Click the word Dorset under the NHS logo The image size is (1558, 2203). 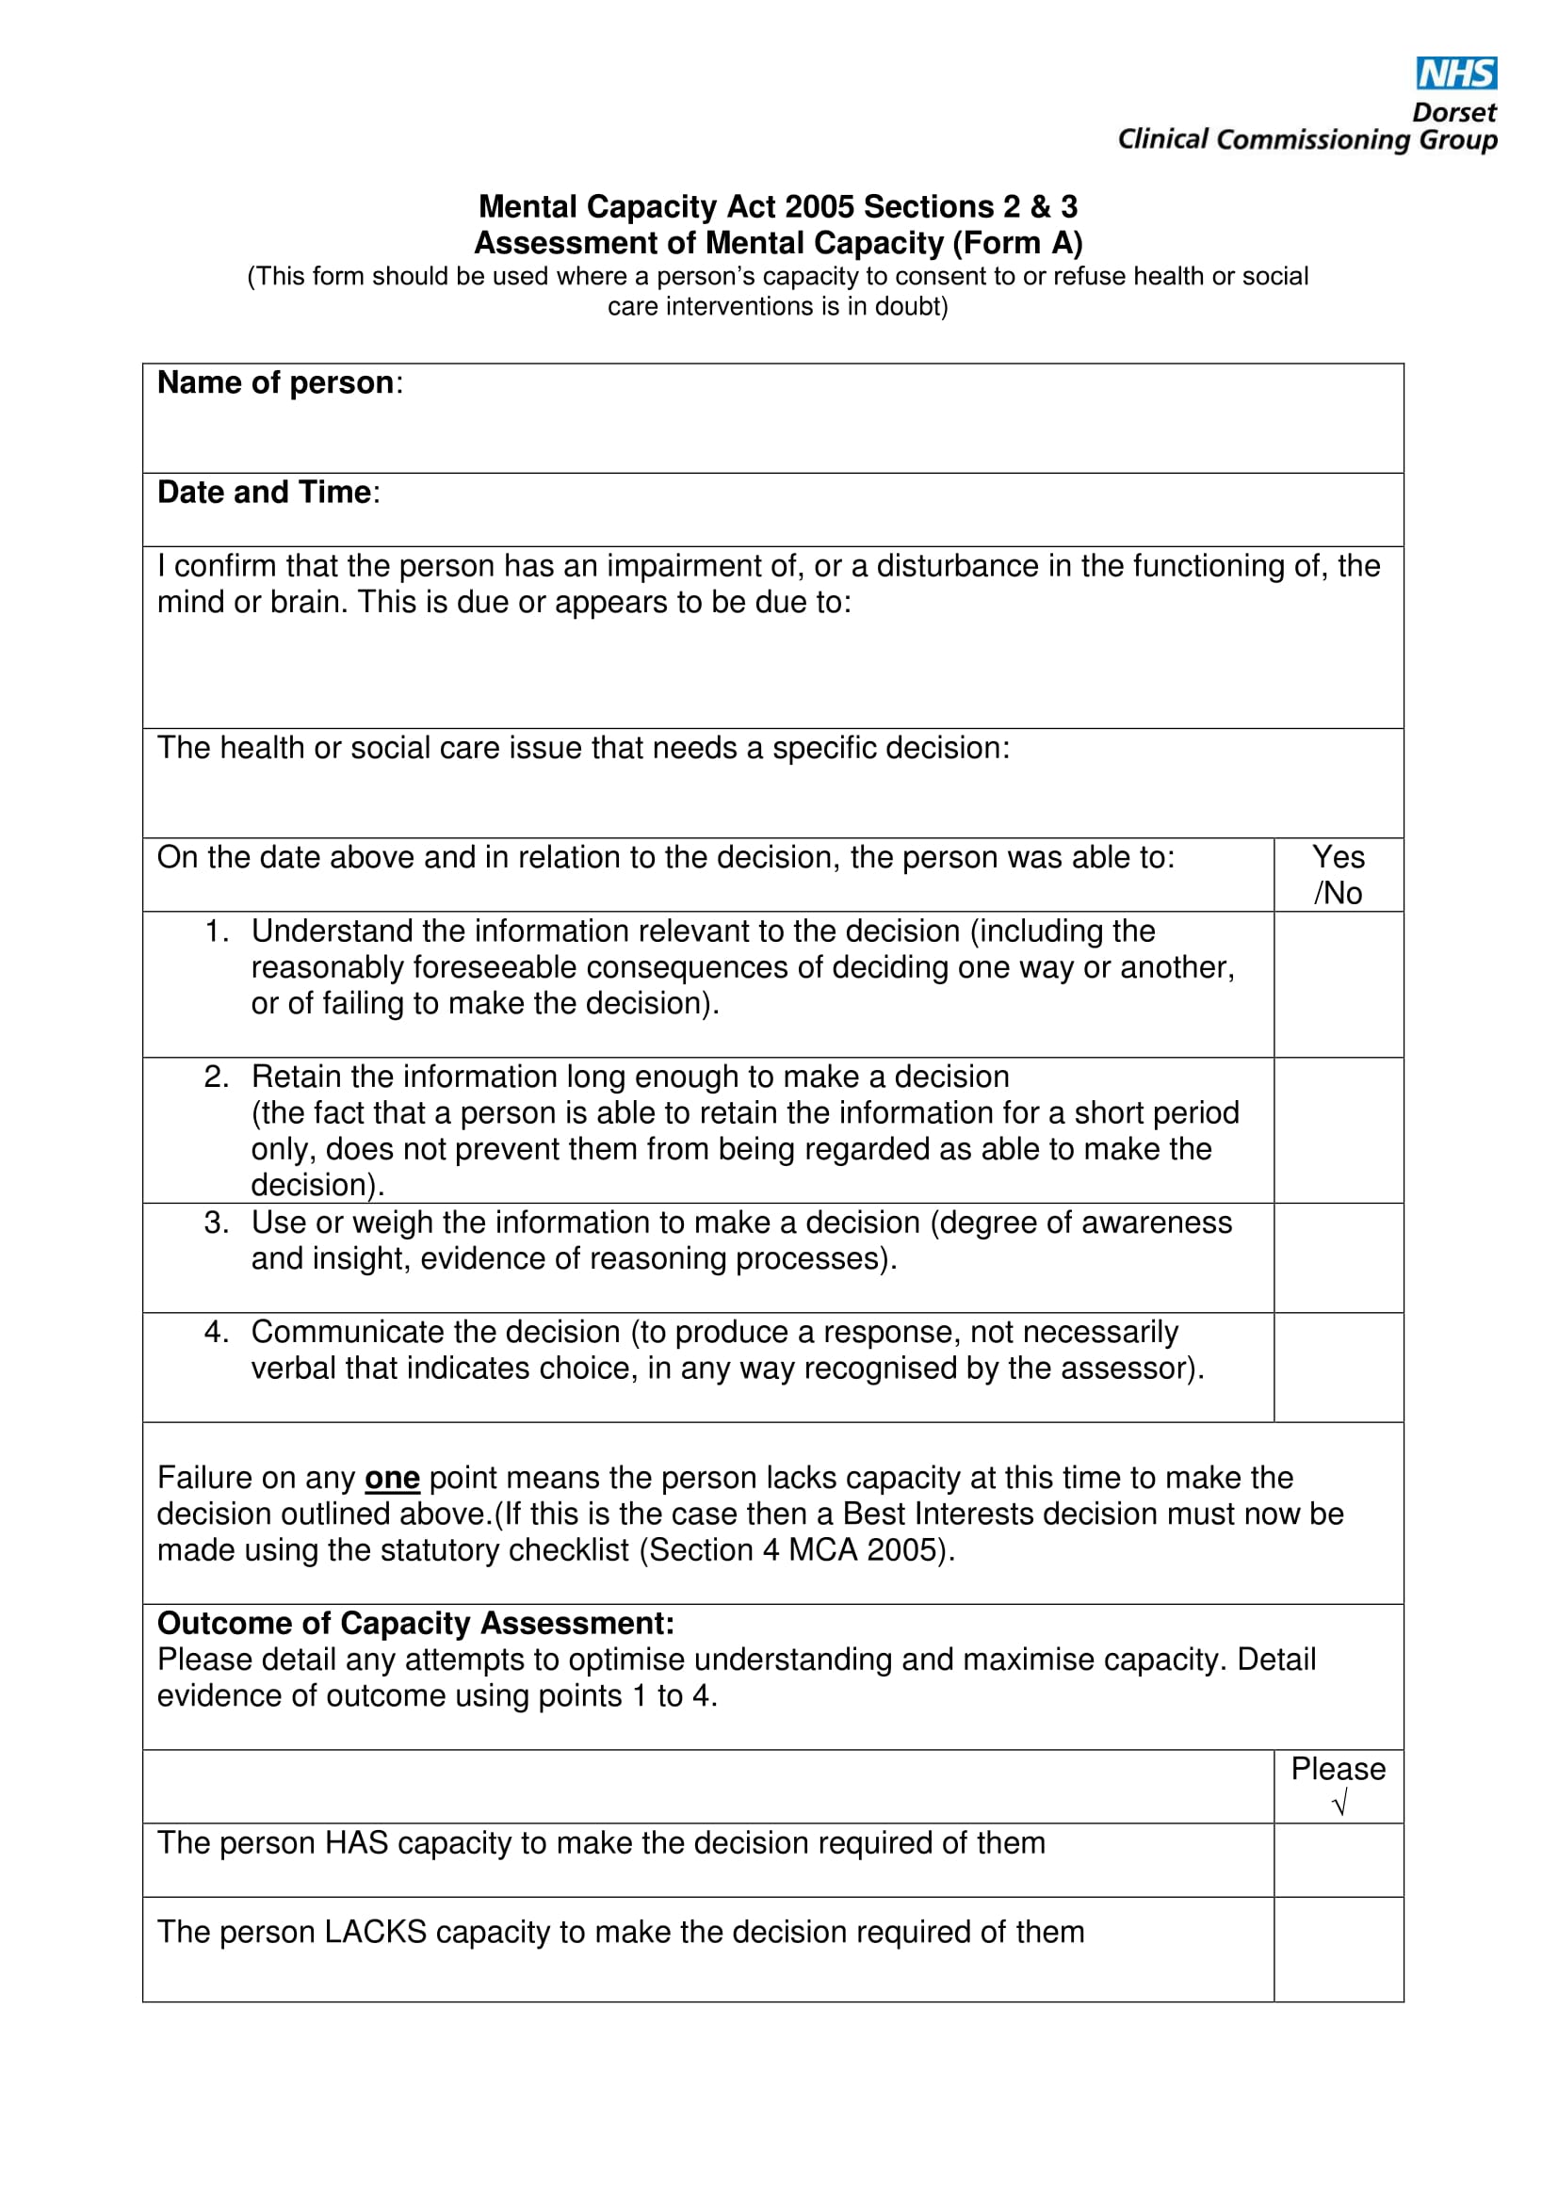click(1453, 112)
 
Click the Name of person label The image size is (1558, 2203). click(275, 382)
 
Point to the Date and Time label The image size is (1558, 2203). click(264, 493)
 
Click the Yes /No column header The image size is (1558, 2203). click(1338, 874)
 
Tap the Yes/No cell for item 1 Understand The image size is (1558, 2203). click(1338, 983)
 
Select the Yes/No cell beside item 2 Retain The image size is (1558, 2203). click(1338, 1129)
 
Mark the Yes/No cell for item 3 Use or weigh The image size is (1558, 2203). click(1338, 1257)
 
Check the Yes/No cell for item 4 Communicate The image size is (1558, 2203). click(1338, 1367)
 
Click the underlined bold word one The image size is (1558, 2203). click(392, 1478)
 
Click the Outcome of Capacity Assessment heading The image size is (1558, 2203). click(415, 1624)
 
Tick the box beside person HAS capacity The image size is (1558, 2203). click(1338, 1859)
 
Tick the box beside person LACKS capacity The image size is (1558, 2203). click(1338, 1949)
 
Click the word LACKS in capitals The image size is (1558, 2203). click(375, 1932)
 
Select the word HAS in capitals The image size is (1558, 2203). click(357, 1842)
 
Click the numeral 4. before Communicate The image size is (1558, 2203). click(216, 1332)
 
